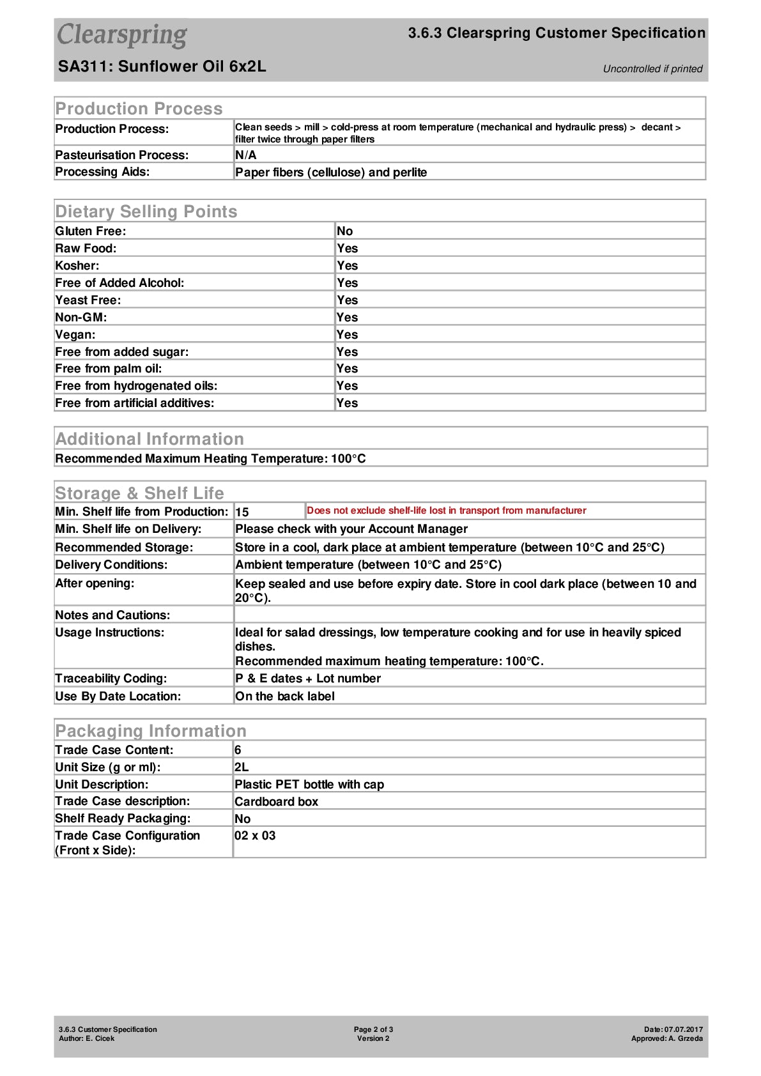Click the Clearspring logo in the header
[x=122, y=35]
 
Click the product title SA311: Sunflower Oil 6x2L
[x=162, y=66]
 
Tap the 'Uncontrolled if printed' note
[x=652, y=69]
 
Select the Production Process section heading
[x=139, y=109]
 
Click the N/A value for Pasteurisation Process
[x=245, y=155]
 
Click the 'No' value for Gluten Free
[x=344, y=231]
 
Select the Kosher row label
[x=77, y=266]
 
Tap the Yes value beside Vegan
[x=347, y=335]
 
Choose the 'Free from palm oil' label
[x=109, y=369]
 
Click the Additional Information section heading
[x=150, y=439]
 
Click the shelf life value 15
[x=242, y=512]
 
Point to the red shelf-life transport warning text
[x=446, y=511]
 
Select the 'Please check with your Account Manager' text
[x=351, y=529]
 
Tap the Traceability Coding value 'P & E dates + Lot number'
[x=308, y=679]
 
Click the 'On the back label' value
[x=285, y=696]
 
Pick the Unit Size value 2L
[x=242, y=767]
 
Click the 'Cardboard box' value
[x=276, y=802]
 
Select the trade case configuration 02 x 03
[x=255, y=836]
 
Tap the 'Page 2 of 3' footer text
[x=373, y=1029]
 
